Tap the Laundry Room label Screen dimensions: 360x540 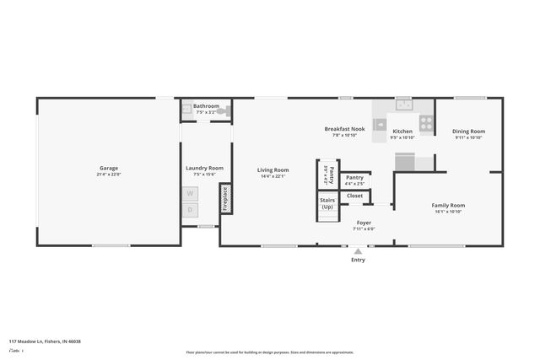204,168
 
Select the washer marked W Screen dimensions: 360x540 190,193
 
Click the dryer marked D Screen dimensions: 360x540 190,209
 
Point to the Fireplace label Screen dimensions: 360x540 225,197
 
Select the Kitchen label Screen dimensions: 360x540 402,132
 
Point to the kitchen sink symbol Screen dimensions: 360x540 403,105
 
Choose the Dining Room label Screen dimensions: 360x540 468,131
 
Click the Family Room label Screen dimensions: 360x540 448,206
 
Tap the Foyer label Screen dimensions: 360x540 364,223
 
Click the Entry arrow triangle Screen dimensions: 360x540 359,250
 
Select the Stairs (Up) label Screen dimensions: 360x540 327,203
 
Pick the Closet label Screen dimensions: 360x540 354,196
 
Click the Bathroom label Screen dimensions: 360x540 207,106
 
